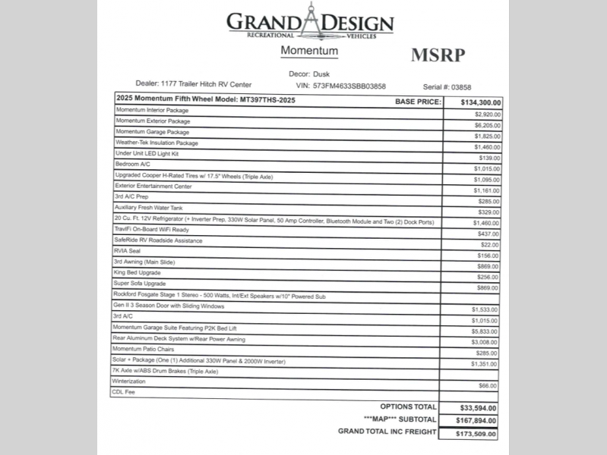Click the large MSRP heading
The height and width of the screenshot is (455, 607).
[437, 55]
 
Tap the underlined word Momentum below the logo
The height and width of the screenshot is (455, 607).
[309, 51]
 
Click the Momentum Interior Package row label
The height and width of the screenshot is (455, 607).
[152, 111]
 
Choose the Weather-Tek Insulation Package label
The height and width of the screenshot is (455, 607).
[156, 143]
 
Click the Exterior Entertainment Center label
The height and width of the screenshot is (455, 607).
[153, 186]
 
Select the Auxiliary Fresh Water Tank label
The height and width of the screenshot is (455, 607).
[149, 208]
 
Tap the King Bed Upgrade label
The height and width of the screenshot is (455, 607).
[138, 272]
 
